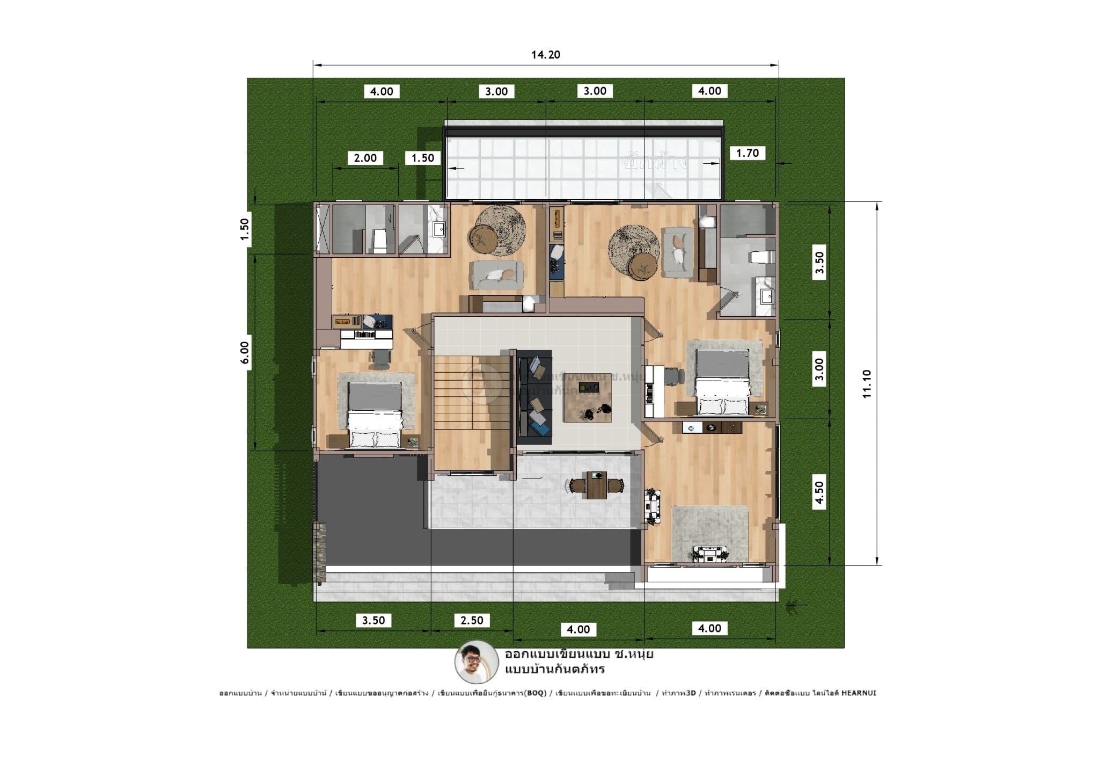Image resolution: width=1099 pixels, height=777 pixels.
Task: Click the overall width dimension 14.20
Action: coord(546,55)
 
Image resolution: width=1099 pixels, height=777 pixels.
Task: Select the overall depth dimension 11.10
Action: coord(867,383)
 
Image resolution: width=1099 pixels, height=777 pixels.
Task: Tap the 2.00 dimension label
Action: coord(365,158)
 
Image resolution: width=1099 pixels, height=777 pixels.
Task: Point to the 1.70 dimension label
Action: coord(747,153)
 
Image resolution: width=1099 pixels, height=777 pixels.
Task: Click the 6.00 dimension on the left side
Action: coord(245,353)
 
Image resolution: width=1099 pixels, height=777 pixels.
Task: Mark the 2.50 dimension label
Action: coord(472,620)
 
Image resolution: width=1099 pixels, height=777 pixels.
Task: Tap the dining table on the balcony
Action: coord(596,485)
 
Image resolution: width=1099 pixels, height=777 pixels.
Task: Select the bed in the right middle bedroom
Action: coord(722,382)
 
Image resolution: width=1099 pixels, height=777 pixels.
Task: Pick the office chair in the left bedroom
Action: coord(380,359)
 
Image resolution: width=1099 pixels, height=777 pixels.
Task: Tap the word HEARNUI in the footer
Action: coord(858,693)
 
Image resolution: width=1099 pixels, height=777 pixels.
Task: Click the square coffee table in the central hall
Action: coord(588,397)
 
